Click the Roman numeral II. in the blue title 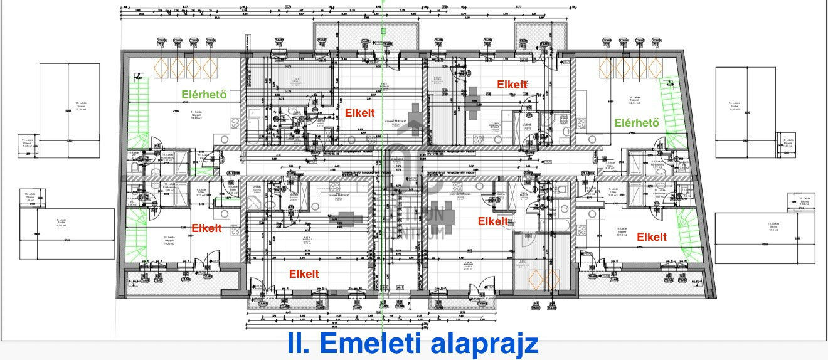tap(300, 344)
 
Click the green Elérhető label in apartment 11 tap(203, 95)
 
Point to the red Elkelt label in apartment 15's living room tap(652, 236)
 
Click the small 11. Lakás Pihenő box tap(26, 143)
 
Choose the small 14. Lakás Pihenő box tap(788, 143)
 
